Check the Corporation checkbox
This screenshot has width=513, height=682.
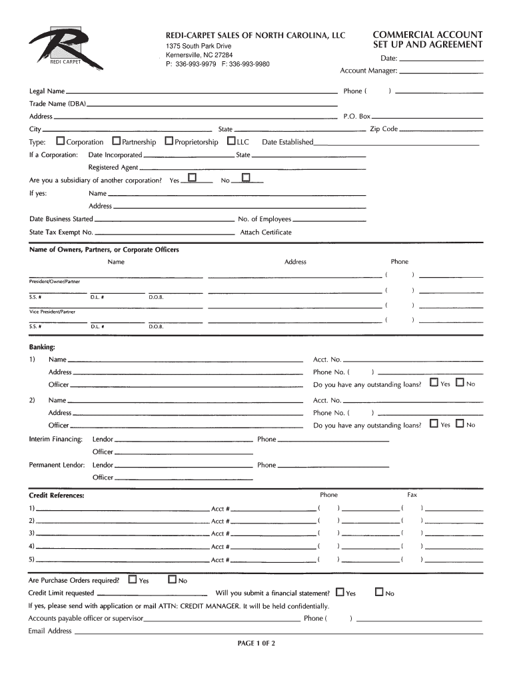tap(61, 141)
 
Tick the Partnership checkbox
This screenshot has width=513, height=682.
tap(117, 141)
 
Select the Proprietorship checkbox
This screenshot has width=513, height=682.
tap(169, 141)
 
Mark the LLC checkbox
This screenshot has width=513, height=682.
tap(231, 141)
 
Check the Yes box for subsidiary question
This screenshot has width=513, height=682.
tap(193, 178)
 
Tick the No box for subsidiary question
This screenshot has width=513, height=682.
tap(245, 178)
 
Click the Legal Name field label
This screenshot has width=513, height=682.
tap(47, 91)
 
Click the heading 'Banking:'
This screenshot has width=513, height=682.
tap(41, 347)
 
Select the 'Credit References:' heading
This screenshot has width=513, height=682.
tap(56, 496)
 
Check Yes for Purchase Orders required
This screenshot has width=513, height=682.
tap(132, 579)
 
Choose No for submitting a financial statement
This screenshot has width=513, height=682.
tap(380, 591)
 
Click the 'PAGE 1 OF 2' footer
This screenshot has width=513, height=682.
tap(256, 643)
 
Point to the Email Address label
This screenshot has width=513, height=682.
tap(50, 631)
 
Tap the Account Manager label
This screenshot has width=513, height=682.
tap(368, 71)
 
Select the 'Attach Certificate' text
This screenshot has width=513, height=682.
tap(266, 232)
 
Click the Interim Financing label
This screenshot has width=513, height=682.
tap(56, 440)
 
